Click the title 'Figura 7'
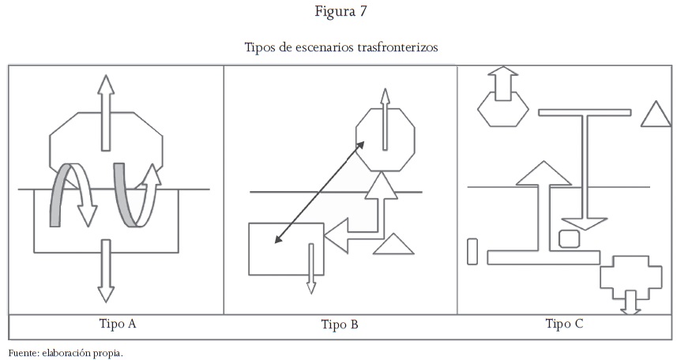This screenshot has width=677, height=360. tap(340, 12)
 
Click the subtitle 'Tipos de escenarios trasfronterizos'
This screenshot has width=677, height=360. tap(340, 47)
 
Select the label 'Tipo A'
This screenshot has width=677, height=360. tap(118, 324)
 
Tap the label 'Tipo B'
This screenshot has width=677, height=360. tap(340, 324)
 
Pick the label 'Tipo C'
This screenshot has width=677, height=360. tap(564, 324)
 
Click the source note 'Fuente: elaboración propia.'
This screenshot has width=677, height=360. tap(66, 352)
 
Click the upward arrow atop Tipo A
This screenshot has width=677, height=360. tap(105, 111)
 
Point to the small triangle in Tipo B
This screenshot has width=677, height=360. tap(393, 246)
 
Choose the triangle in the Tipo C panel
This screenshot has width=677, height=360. tap(655, 116)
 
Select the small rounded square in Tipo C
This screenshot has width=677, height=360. tap(570, 238)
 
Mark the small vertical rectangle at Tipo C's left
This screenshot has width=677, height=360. tap(472, 251)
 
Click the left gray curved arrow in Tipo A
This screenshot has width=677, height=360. tap(57, 197)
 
